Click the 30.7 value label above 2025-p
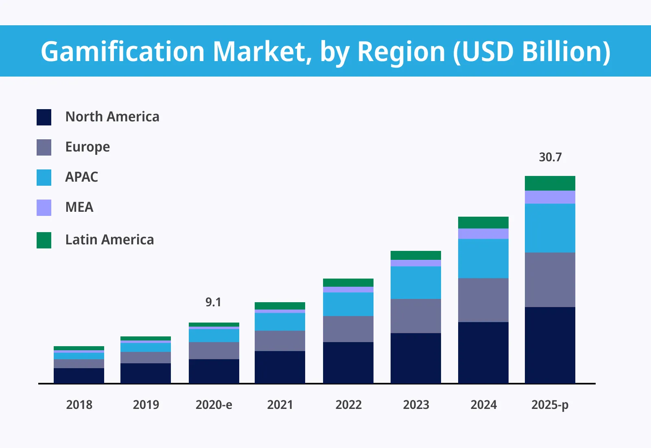tap(550, 157)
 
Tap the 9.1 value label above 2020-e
tap(213, 302)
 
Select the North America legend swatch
tap(44, 117)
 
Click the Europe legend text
tap(87, 147)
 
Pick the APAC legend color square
tap(44, 178)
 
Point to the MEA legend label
tap(79, 207)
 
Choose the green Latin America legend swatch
tap(44, 240)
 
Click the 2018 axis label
tap(79, 405)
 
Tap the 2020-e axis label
tap(214, 405)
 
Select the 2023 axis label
tap(416, 405)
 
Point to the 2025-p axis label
tap(550, 405)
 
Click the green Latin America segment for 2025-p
tap(550, 183)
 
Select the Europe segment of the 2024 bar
tap(483, 300)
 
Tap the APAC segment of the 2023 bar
tap(416, 283)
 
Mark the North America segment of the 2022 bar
tap(348, 362)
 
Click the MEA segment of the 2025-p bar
tap(550, 197)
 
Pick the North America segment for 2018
tap(79, 376)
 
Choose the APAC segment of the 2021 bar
tap(280, 322)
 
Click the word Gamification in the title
tap(122, 52)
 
